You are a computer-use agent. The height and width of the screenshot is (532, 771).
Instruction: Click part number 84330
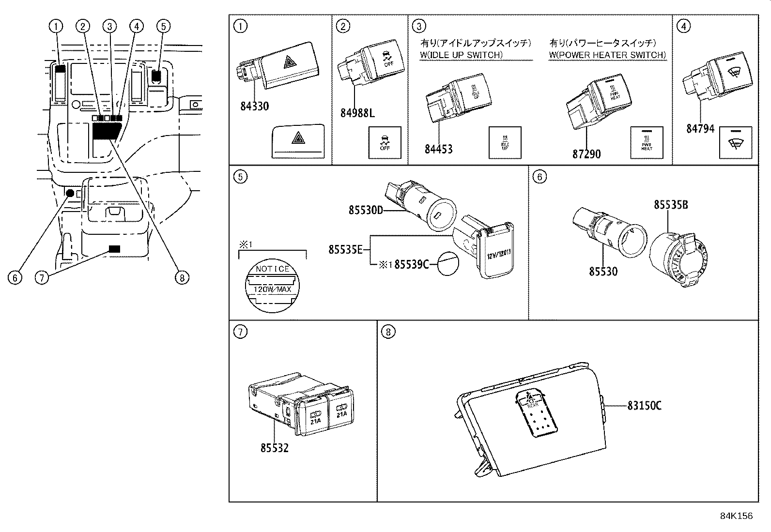[x=254, y=106]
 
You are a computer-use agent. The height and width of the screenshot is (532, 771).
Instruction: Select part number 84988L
[x=357, y=113]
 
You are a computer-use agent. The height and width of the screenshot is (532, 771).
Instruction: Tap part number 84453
[x=438, y=149]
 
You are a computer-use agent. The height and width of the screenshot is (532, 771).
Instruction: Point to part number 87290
[x=586, y=154]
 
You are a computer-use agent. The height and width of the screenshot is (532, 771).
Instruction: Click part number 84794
[x=700, y=128]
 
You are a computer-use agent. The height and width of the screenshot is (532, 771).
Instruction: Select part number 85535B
[x=671, y=205]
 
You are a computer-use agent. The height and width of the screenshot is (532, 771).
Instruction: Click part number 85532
[x=274, y=448]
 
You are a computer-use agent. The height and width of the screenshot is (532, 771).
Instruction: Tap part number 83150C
[x=644, y=406]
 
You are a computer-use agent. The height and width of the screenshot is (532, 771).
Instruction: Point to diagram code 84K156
[x=736, y=516]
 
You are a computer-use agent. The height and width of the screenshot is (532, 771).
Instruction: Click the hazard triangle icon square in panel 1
[x=297, y=140]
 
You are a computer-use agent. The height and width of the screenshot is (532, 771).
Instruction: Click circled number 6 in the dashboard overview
[x=15, y=277]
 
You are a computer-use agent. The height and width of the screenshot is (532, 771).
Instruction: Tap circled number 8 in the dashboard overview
[x=182, y=277]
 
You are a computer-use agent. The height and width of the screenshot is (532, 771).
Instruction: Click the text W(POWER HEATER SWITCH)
[x=607, y=55]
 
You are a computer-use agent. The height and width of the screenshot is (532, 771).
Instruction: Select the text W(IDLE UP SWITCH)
[x=461, y=55]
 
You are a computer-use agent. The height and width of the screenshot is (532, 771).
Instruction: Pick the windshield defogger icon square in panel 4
[x=736, y=143]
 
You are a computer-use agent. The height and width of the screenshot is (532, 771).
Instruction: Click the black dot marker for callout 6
[x=70, y=193]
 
